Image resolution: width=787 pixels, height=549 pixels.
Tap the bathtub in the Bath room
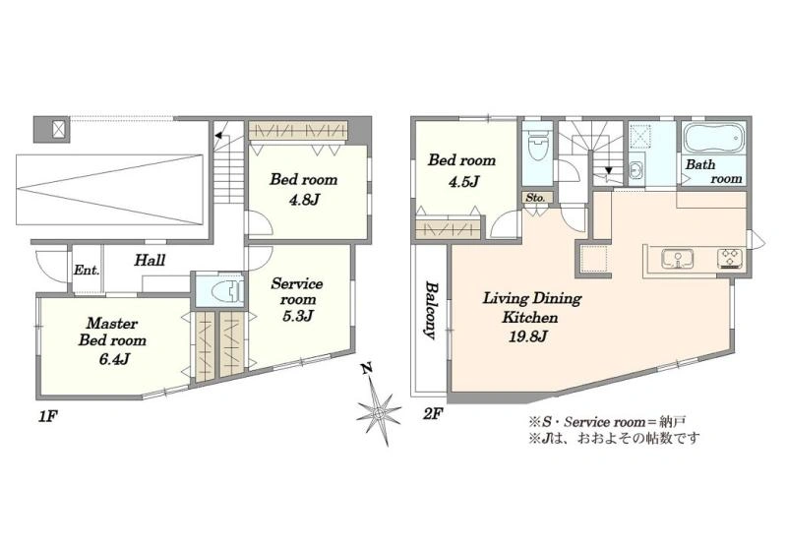(712, 138)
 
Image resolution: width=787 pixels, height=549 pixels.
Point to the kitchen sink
(678, 259)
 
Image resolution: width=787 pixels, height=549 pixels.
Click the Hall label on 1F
(150, 260)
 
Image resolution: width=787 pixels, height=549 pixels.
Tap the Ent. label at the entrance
(87, 270)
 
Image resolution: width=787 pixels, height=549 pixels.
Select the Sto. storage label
(535, 198)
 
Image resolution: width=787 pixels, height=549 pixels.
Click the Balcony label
(431, 310)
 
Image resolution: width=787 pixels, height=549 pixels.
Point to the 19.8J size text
(528, 336)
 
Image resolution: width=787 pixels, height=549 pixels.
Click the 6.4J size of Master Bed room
(114, 359)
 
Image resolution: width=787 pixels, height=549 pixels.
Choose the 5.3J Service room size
(298, 316)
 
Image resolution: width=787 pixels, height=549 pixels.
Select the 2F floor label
(433, 414)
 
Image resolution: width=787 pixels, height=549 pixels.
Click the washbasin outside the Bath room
(635, 170)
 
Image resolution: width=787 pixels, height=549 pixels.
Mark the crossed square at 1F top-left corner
(60, 129)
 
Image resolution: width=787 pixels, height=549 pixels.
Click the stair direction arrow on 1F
(218, 135)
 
